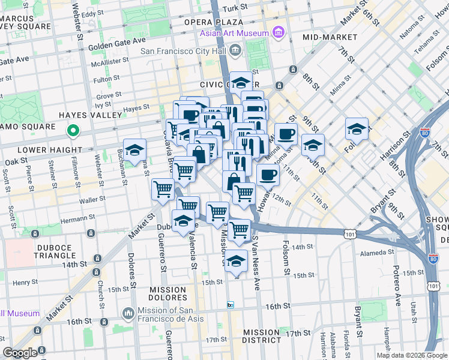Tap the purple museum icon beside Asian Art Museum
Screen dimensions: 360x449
[x=277, y=32]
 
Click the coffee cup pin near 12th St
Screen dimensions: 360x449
[x=268, y=176]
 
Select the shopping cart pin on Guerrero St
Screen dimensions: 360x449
[x=163, y=190]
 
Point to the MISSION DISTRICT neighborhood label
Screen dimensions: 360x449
[x=261, y=336]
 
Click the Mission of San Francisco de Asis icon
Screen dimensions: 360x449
[x=128, y=313]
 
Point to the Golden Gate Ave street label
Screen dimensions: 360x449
[x=117, y=44]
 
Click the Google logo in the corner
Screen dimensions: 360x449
[x=20, y=353]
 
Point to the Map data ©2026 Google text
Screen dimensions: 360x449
[x=411, y=355]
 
